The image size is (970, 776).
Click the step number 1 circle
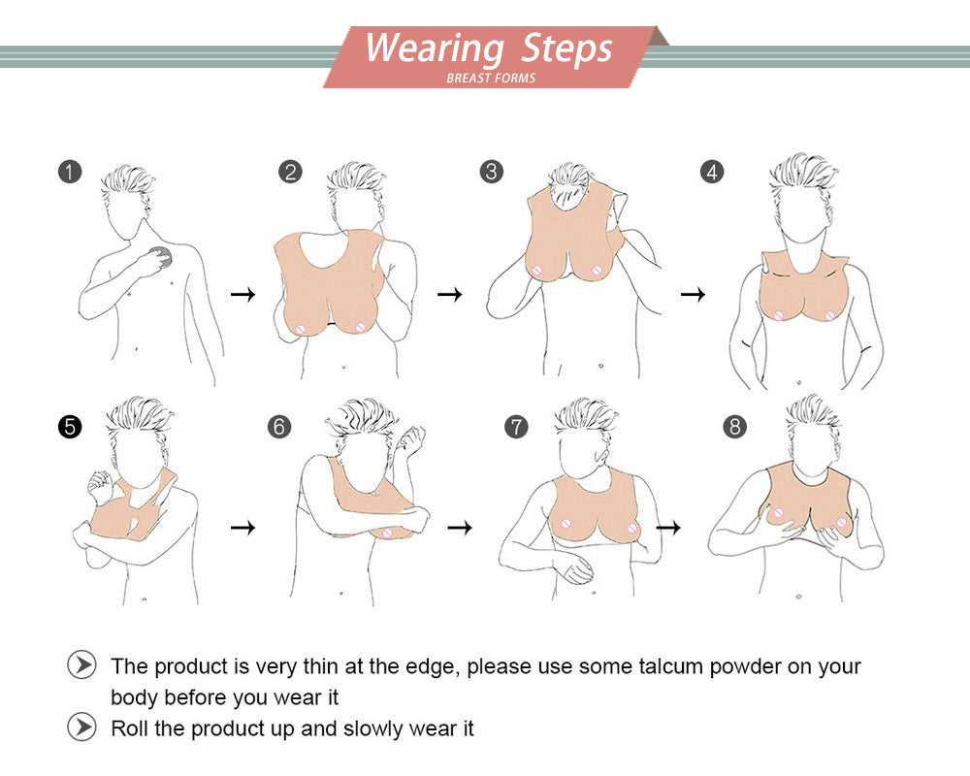coord(70,172)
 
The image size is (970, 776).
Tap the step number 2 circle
coord(290,172)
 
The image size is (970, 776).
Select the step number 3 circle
coord(491,172)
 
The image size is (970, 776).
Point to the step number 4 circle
coord(712,172)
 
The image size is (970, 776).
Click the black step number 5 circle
coord(70,427)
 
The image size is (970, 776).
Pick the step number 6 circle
coord(279,427)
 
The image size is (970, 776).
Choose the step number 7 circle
coord(516,427)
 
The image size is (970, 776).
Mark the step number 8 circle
coord(734,427)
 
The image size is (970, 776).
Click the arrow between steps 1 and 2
coord(243,294)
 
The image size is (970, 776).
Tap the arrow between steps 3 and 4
coord(693,294)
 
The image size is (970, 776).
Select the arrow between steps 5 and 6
coord(243,528)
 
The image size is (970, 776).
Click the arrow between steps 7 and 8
coord(668,528)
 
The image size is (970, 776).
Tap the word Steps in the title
coord(566,48)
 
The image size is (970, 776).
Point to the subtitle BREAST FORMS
coord(491,78)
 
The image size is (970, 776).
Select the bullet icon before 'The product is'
coord(81,665)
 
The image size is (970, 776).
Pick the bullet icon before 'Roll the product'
coord(81,727)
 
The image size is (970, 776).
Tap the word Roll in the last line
coord(130,728)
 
